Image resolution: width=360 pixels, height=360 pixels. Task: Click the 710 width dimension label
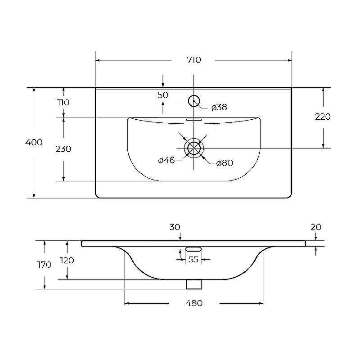click(x=194, y=60)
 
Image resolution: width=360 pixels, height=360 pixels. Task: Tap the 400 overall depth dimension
click(x=34, y=142)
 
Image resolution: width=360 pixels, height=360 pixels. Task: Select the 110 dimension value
click(x=63, y=103)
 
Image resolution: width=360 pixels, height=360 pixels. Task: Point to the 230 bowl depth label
click(x=63, y=149)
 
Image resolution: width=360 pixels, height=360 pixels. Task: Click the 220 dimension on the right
click(x=323, y=117)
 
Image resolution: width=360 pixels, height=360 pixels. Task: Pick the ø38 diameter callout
click(x=219, y=107)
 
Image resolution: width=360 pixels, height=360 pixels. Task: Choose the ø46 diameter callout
click(x=166, y=160)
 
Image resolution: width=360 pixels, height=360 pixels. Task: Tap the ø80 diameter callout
click(x=225, y=163)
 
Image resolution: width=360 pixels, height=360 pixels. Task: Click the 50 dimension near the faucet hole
click(x=163, y=95)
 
